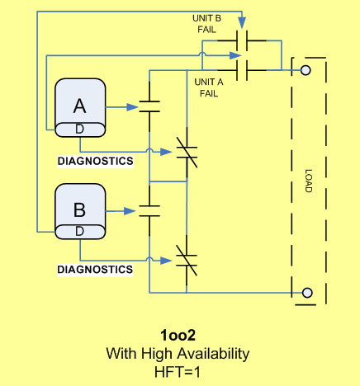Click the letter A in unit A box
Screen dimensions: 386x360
(80, 106)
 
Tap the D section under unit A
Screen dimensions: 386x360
(79, 129)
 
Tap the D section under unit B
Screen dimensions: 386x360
(79, 232)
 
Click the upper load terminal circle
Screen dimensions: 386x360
(306, 71)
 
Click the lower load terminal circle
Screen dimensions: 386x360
(307, 293)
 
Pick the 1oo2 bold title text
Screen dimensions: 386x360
(178, 336)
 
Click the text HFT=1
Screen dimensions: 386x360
(178, 371)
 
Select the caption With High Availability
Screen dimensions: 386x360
(178, 354)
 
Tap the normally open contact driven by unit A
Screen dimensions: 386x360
(149, 106)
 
